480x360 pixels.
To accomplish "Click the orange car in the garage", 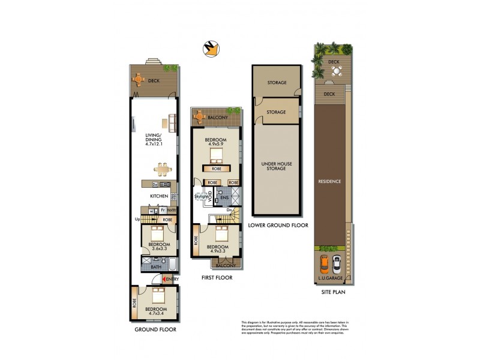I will pyautogui.click(x=324, y=263).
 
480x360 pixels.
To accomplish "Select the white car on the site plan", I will pyautogui.click(x=337, y=263).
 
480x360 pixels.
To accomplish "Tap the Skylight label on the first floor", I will pyautogui.click(x=200, y=196).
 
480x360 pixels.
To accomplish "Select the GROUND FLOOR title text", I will pyautogui.click(x=155, y=330).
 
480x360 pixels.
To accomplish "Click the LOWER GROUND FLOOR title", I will pyautogui.click(x=278, y=226).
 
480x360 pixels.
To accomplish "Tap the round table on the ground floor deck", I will pyautogui.click(x=139, y=79).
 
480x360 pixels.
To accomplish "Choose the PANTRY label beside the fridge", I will pyautogui.click(x=171, y=211).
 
